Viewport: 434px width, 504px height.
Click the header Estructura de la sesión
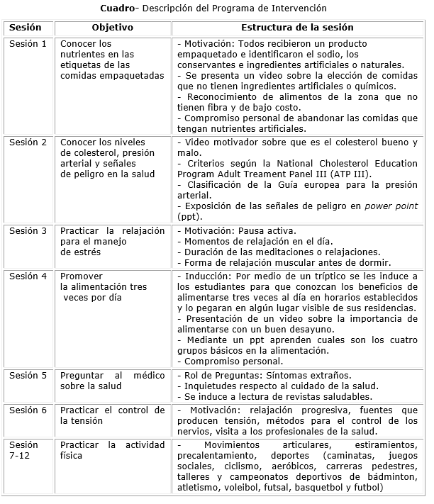297,28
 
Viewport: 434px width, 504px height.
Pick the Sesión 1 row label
28,44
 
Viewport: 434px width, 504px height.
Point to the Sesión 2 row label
28,142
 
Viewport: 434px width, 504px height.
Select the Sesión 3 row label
28,231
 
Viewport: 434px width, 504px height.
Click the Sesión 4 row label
28,276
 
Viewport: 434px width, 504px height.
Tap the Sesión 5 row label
28,376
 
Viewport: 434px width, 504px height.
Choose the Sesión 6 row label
28,410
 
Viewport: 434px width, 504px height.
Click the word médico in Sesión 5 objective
149,376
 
